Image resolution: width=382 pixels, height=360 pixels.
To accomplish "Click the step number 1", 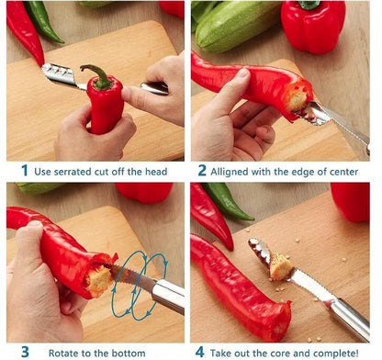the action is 25,170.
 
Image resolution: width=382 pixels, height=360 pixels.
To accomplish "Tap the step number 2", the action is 202,170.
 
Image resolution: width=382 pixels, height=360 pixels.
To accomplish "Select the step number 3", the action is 25,352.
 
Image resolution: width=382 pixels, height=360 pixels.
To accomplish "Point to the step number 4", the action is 199,352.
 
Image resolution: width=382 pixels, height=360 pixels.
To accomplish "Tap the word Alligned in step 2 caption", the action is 229,172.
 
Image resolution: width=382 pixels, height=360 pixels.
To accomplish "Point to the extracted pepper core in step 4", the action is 280,266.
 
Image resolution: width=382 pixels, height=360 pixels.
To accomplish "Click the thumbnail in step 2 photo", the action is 243,73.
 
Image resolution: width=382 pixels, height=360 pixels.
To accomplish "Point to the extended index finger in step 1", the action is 138,97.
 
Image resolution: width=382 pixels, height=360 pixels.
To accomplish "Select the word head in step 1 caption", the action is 156,171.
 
